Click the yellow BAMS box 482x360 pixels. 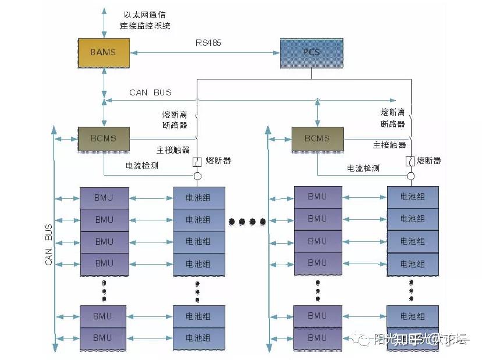[103, 52]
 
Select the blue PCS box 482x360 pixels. [311, 52]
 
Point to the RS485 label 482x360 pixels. [208, 42]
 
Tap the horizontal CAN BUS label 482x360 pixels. [150, 92]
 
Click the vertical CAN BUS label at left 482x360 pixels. [49, 245]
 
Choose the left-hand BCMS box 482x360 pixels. [104, 138]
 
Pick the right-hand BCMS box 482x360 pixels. [317, 138]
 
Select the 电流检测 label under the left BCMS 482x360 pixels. [142, 165]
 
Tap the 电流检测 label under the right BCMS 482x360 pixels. [363, 167]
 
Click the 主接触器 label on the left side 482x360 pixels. [173, 149]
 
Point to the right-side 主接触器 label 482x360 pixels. [389, 145]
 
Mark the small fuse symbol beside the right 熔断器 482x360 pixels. [410, 161]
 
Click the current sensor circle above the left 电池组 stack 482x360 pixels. [198, 176]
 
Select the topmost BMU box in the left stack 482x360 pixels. [104, 198]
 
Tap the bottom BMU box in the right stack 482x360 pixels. [317, 337]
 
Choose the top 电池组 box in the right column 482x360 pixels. [412, 197]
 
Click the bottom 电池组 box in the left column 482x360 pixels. [198, 337]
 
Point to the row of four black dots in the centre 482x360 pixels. [247, 221]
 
